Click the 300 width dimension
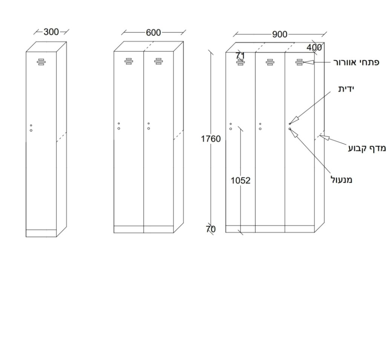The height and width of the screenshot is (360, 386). click(x=51, y=32)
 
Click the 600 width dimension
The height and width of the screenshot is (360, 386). click(x=153, y=32)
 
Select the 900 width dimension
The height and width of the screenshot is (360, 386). click(x=280, y=34)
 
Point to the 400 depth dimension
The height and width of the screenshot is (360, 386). click(x=314, y=47)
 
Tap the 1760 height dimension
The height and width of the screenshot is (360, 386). click(x=211, y=139)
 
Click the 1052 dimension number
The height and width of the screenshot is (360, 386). click(x=240, y=181)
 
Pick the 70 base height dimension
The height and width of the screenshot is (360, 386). click(x=211, y=229)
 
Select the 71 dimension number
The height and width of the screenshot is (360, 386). click(x=240, y=56)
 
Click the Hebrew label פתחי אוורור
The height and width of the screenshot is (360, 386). click(x=356, y=62)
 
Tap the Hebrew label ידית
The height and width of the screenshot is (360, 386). click(x=346, y=89)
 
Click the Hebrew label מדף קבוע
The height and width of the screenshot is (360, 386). click(x=367, y=148)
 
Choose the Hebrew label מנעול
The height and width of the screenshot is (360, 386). click(x=342, y=180)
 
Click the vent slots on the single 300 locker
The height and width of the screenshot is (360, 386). click(x=41, y=62)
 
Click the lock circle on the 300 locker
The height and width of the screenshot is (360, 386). click(x=31, y=130)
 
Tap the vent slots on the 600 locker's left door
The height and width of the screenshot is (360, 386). click(x=129, y=61)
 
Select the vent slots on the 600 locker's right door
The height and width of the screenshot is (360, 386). click(x=159, y=61)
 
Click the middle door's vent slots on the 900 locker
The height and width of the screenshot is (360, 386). click(x=270, y=62)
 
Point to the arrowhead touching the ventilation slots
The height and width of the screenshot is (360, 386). click(x=308, y=62)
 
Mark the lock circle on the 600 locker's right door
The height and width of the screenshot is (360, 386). click(x=149, y=128)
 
